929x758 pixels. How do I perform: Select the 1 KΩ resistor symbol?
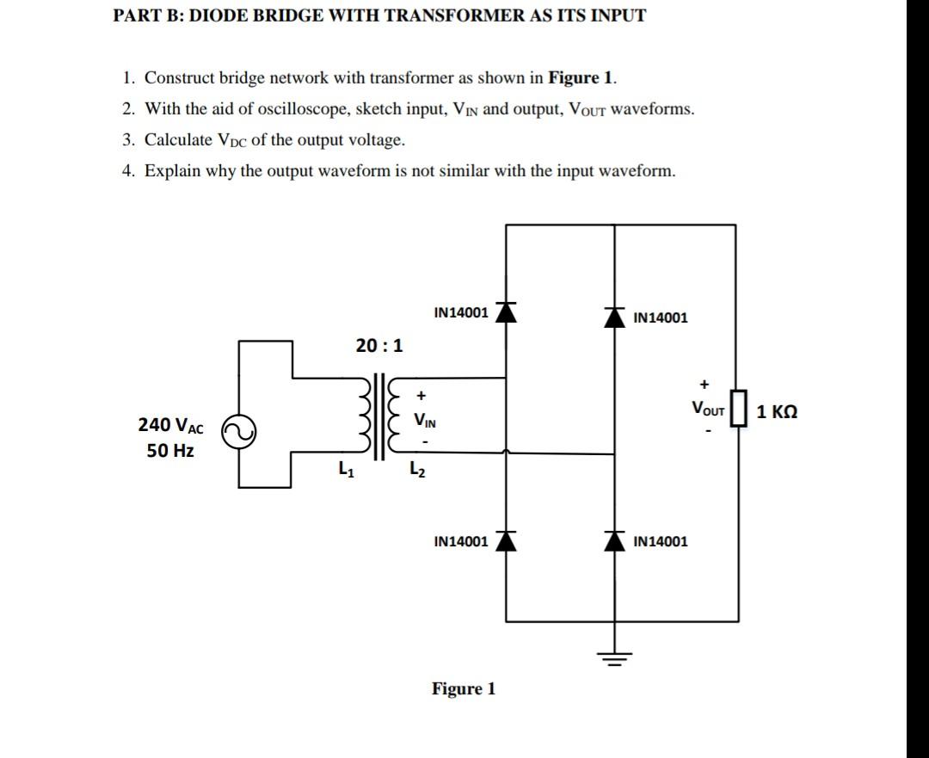click(x=737, y=411)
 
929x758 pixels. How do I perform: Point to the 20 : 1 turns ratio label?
click(x=378, y=346)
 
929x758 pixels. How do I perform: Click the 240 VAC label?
click(x=171, y=425)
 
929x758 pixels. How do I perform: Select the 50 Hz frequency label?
click(x=170, y=451)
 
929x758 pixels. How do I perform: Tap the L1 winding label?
click(x=346, y=470)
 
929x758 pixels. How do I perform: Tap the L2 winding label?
click(x=416, y=470)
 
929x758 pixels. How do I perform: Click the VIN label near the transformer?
click(x=424, y=421)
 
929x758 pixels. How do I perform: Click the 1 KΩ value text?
click(x=777, y=411)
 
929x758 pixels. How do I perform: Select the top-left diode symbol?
click(x=506, y=311)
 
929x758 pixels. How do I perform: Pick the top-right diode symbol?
click(x=613, y=316)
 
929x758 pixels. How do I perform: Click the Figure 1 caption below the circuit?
click(x=464, y=689)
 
